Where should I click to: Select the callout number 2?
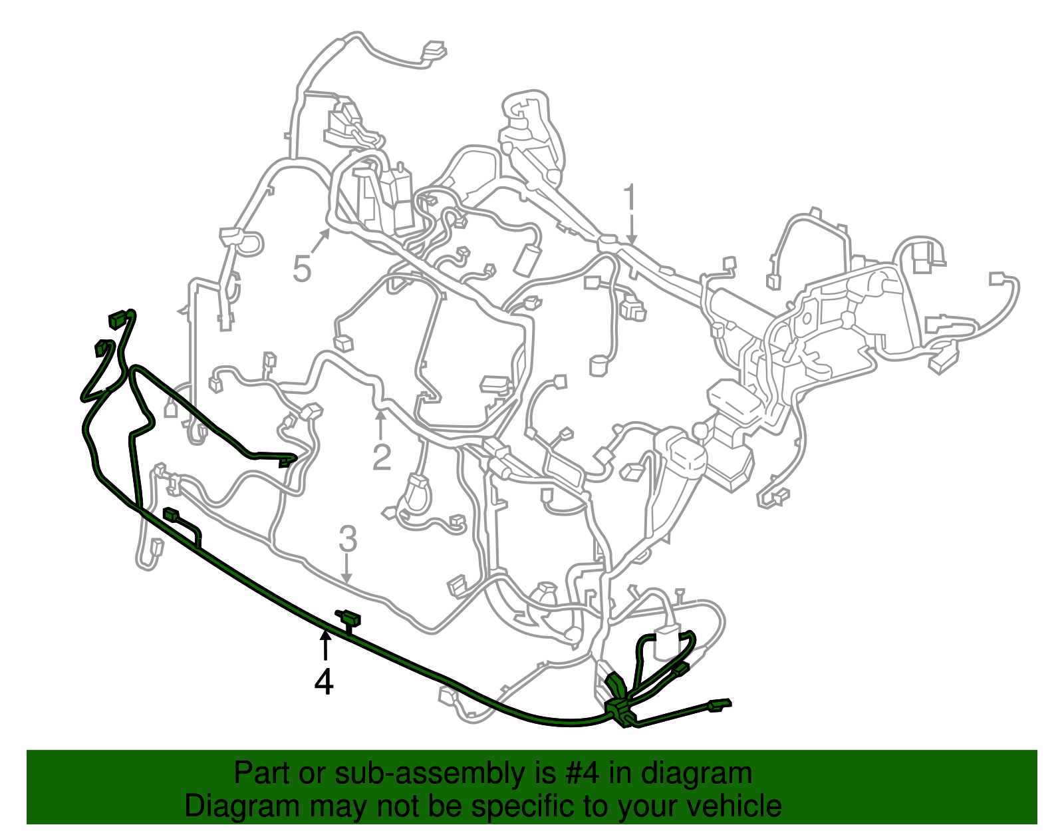pos(381,457)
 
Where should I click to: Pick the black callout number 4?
pos(324,681)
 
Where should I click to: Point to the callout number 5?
pos(302,269)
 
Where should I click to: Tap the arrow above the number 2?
pos(380,424)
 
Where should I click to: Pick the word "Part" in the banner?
pos(263,773)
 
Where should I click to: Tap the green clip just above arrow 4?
pos(348,619)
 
